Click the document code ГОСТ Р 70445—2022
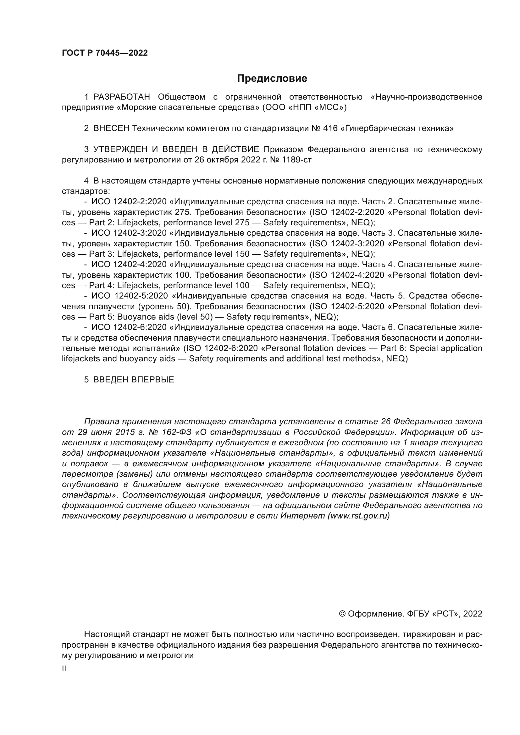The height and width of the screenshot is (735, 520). click(x=105, y=53)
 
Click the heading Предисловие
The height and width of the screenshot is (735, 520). click(x=272, y=79)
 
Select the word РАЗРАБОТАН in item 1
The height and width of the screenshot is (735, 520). click(x=121, y=97)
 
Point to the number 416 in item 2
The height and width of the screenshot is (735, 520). click(x=330, y=129)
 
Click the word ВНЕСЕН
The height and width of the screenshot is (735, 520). click(x=111, y=129)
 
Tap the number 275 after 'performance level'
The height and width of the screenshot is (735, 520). click(x=242, y=222)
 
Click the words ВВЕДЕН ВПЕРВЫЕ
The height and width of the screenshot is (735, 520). click(x=134, y=380)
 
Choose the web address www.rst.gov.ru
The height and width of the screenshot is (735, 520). click(x=359, y=516)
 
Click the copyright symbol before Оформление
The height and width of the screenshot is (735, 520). click(x=342, y=614)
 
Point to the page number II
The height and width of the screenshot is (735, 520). click(x=64, y=669)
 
